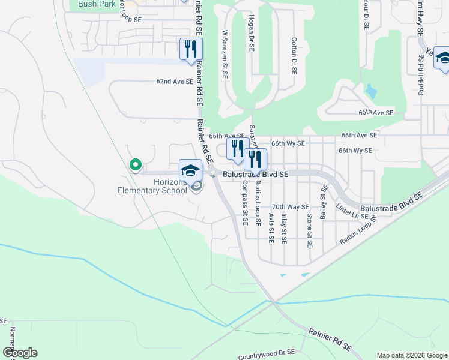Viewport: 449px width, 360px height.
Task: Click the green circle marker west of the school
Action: pos(136,164)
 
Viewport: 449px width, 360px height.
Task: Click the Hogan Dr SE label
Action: pos(251,32)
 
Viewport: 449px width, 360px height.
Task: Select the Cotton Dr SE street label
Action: pos(294,55)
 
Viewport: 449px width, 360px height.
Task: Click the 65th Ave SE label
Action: pos(376,113)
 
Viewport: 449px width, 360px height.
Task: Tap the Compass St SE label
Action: pos(245,201)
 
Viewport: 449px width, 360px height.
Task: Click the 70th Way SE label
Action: pos(290,207)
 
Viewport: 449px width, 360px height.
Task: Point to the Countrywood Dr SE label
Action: pos(266,355)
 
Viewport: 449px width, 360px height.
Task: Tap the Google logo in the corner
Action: pos(20,353)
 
